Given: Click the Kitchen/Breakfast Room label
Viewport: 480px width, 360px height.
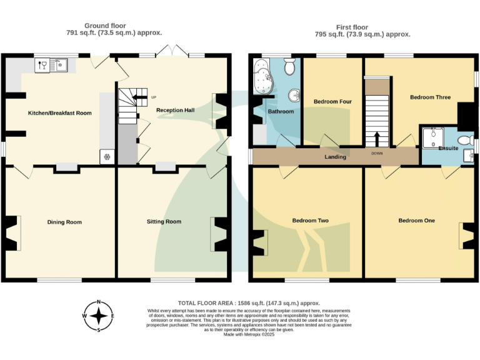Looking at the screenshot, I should pos(60,113).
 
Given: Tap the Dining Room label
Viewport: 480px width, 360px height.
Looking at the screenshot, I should pos(64,222).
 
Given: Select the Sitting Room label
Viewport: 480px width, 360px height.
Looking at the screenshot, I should pos(164,222).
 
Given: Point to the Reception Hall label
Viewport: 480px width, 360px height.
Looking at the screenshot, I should pos(175,111).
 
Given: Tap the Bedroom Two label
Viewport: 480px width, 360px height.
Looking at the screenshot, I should pos(311,221).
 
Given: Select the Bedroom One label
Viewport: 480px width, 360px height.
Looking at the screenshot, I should pos(417,221).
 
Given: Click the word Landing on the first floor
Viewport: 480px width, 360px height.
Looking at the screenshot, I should pos(335,157).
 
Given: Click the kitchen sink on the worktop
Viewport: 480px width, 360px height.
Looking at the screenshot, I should pos(62,64).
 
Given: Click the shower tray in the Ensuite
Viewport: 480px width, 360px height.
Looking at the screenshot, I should pos(431,138).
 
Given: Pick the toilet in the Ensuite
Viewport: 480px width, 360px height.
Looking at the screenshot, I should pos(464,139).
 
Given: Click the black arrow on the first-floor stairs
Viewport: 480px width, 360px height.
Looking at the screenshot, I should pos(377,138).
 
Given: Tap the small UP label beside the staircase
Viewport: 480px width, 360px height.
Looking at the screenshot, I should pos(154,97).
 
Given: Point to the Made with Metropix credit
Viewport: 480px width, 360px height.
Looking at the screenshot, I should pos(248,334).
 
